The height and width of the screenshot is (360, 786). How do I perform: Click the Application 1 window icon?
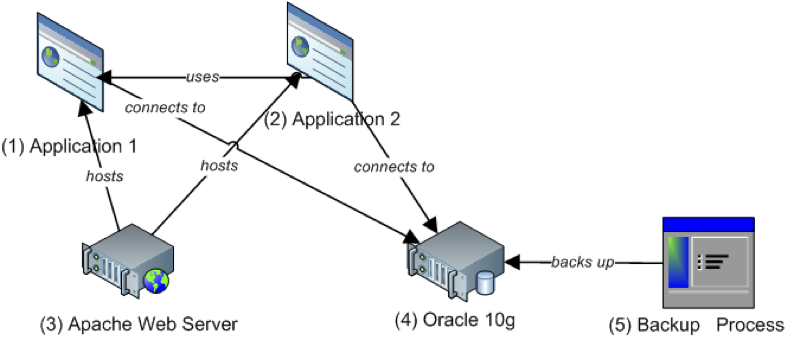point(70,63)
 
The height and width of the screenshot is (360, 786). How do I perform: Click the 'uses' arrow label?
point(203,77)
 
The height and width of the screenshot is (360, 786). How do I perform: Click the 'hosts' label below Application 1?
point(105,176)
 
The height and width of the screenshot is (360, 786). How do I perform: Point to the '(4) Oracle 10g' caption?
point(455,320)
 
